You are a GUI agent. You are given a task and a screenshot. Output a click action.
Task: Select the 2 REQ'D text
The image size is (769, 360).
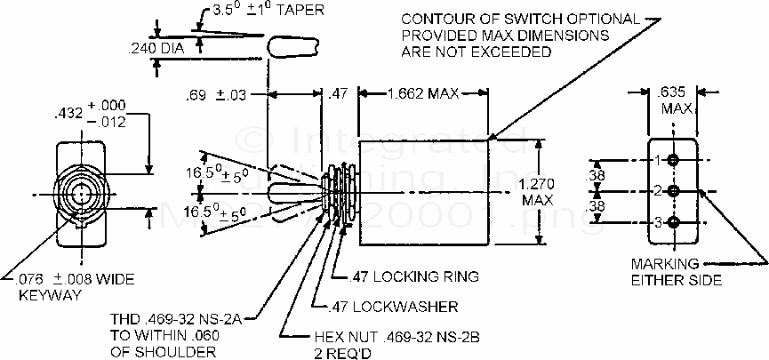(339, 352)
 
